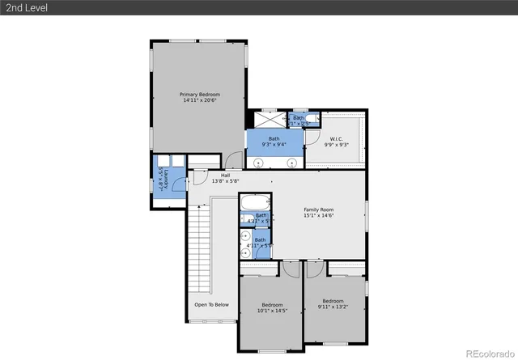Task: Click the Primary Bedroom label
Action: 200,95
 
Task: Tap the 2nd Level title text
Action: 23,7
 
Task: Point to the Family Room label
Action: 318,210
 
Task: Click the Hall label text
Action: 225,175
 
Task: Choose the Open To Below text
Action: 211,305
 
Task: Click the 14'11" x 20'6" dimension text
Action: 200,101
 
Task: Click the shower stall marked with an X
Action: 274,120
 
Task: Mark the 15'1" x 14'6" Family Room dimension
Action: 318,216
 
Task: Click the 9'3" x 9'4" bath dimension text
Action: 274,146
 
